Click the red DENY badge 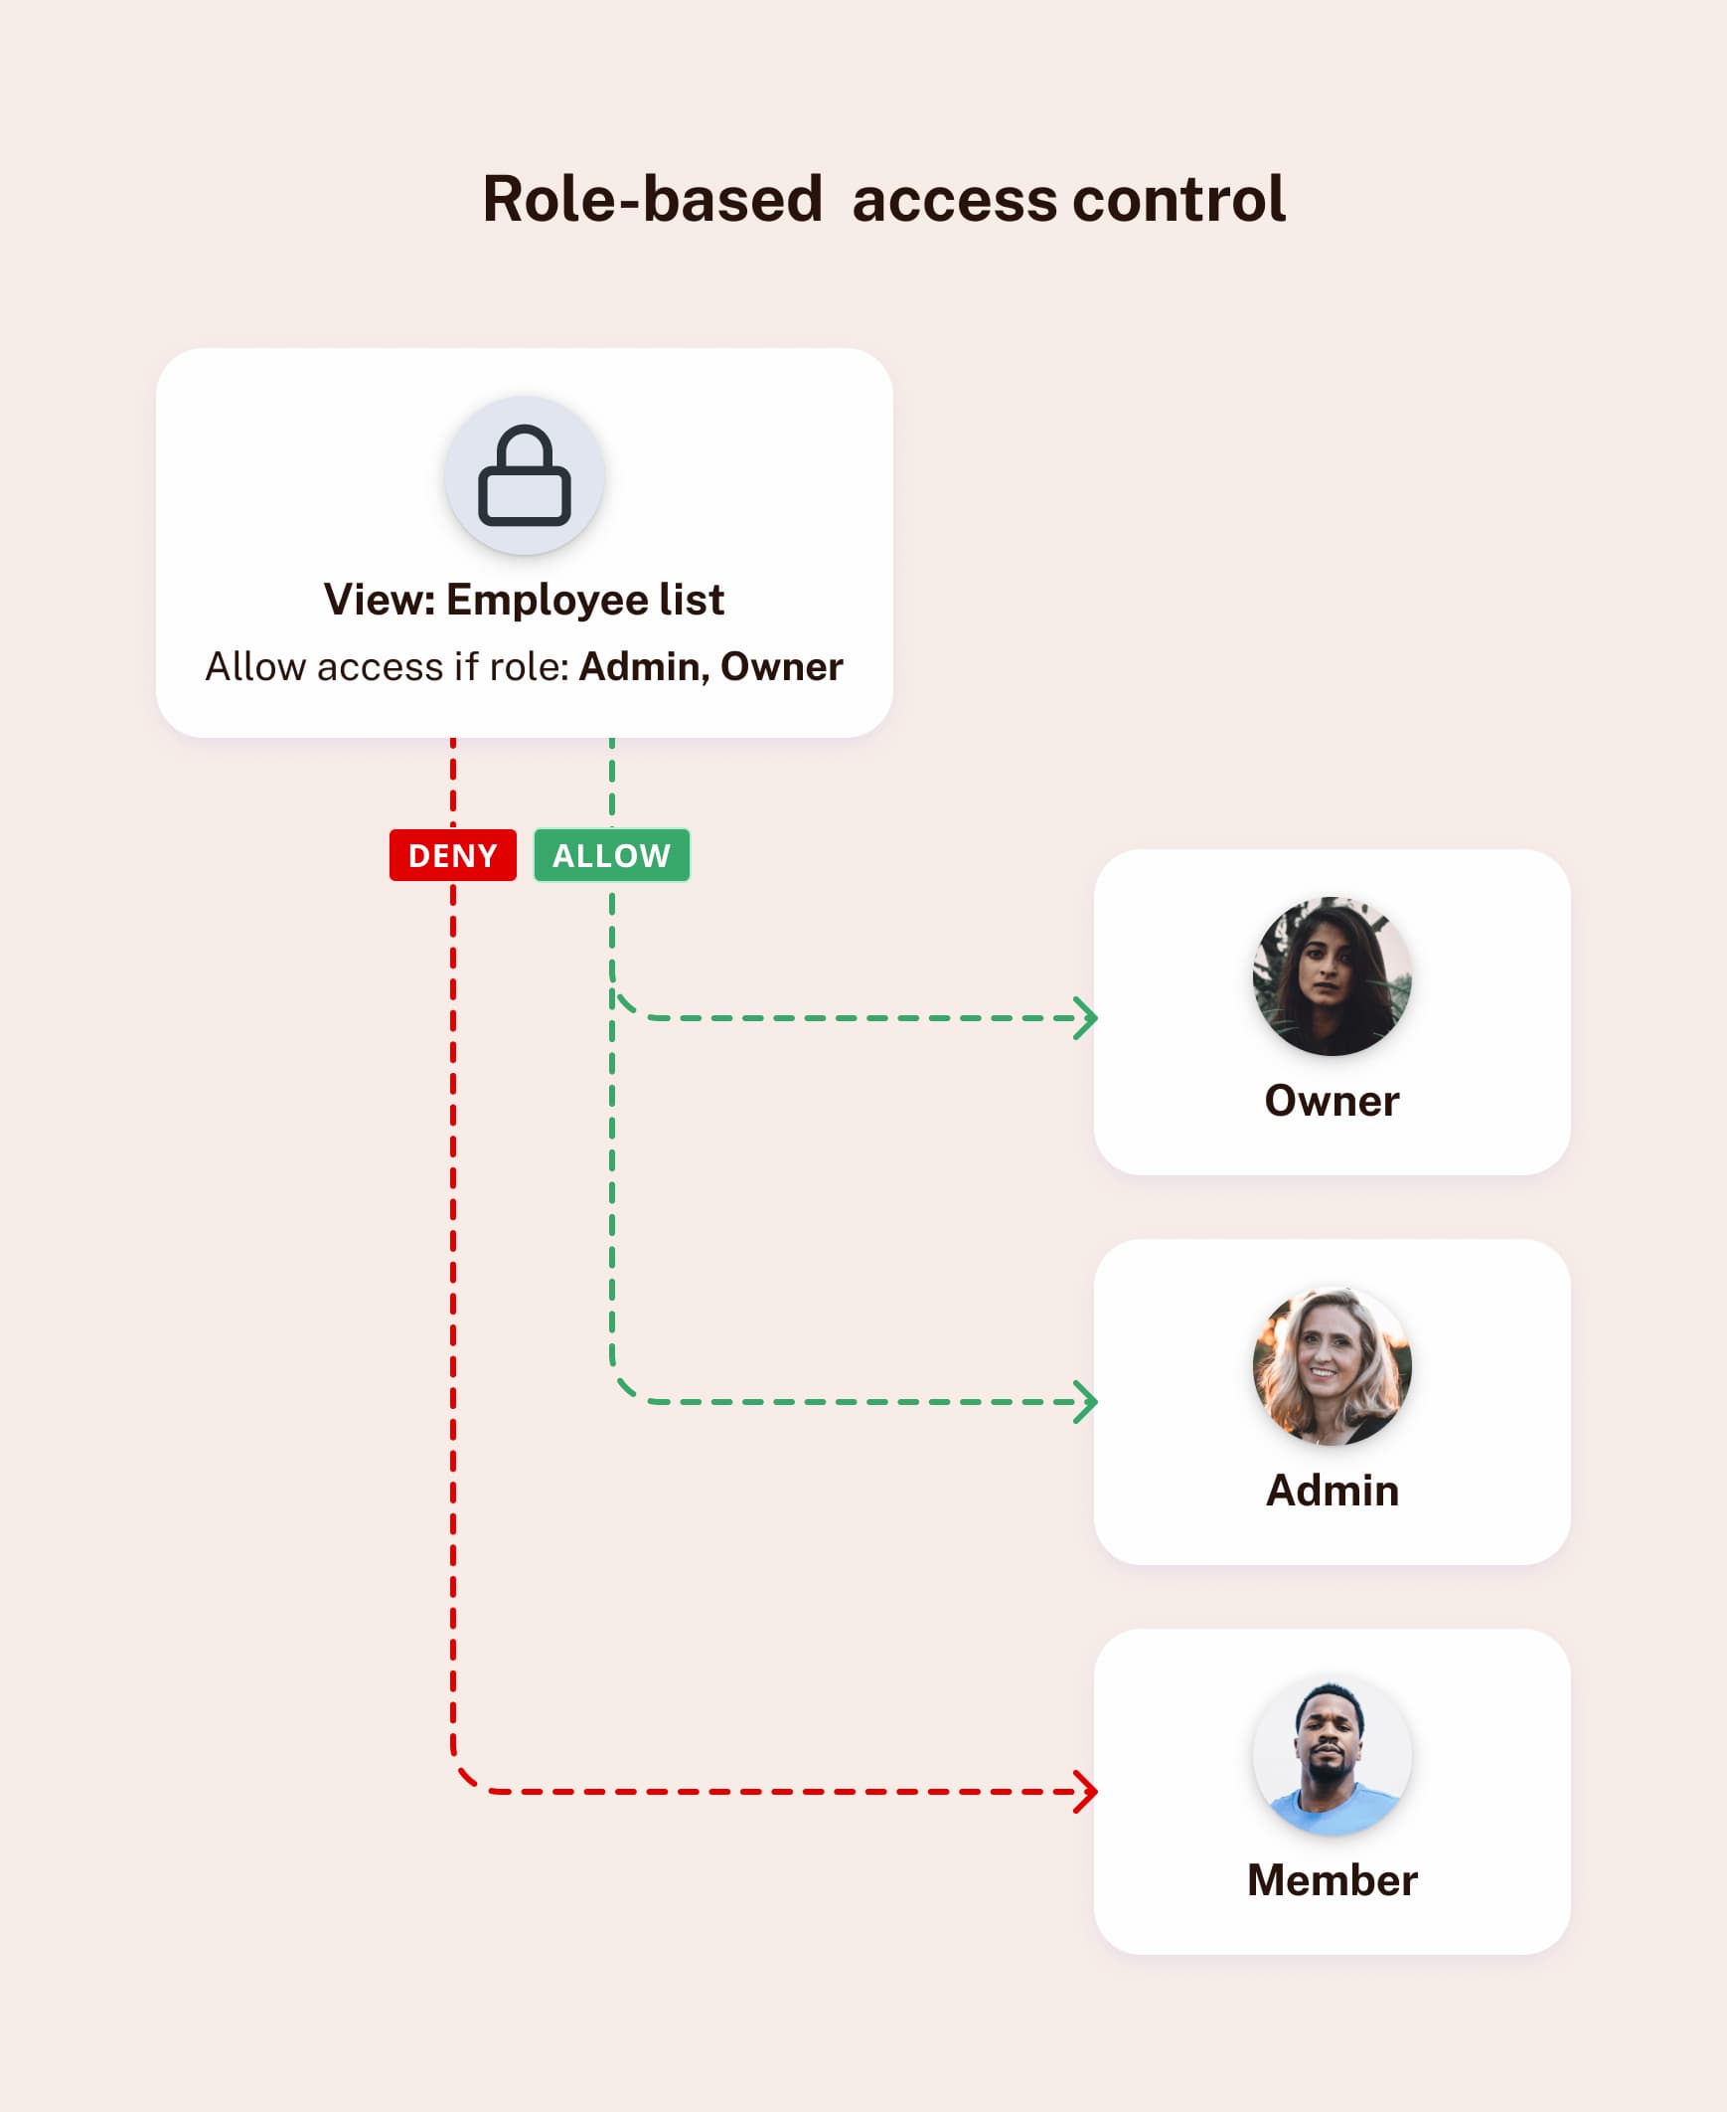point(453,855)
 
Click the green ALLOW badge point(612,855)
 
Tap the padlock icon point(525,475)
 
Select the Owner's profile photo point(1333,975)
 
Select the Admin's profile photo point(1333,1365)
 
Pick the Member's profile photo point(1333,1756)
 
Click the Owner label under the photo point(1333,1101)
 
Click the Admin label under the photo point(1333,1491)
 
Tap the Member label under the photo point(1333,1880)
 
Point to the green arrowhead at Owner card point(1086,1018)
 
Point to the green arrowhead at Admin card point(1086,1402)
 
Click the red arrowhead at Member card point(1086,1793)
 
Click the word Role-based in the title point(653,198)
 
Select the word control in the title point(1178,199)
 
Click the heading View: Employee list point(525,601)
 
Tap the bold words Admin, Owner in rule point(711,667)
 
